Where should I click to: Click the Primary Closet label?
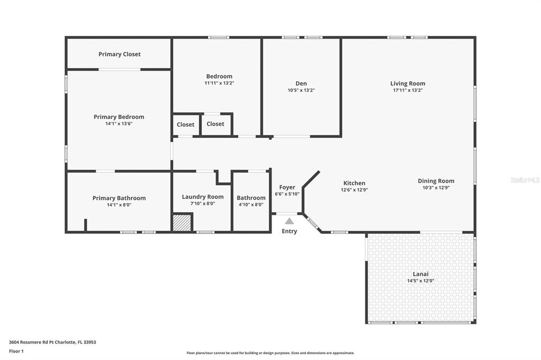[x=119, y=54]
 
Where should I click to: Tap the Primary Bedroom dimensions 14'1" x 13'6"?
[x=119, y=124]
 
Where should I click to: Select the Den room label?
[x=301, y=83]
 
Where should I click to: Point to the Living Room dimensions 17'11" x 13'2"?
[x=408, y=90]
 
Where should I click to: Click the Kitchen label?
[x=355, y=183]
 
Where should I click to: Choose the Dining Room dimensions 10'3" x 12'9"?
[x=436, y=187]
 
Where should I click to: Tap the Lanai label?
[x=421, y=274]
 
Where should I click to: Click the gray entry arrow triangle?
[x=290, y=221]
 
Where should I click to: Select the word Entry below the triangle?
[x=289, y=231]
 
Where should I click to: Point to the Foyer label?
[x=287, y=187]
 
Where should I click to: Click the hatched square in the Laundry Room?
[x=182, y=223]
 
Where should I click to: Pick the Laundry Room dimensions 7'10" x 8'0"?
[x=203, y=203]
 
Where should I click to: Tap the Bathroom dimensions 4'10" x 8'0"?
[x=251, y=204]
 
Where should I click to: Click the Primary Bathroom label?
[x=119, y=198]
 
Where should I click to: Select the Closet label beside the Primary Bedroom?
[x=185, y=125]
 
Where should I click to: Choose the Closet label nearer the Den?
[x=216, y=124]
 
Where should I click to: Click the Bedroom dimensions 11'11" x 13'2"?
[x=219, y=83]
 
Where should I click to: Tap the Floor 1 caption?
[x=16, y=351]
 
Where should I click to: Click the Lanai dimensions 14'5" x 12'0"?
[x=421, y=281]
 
